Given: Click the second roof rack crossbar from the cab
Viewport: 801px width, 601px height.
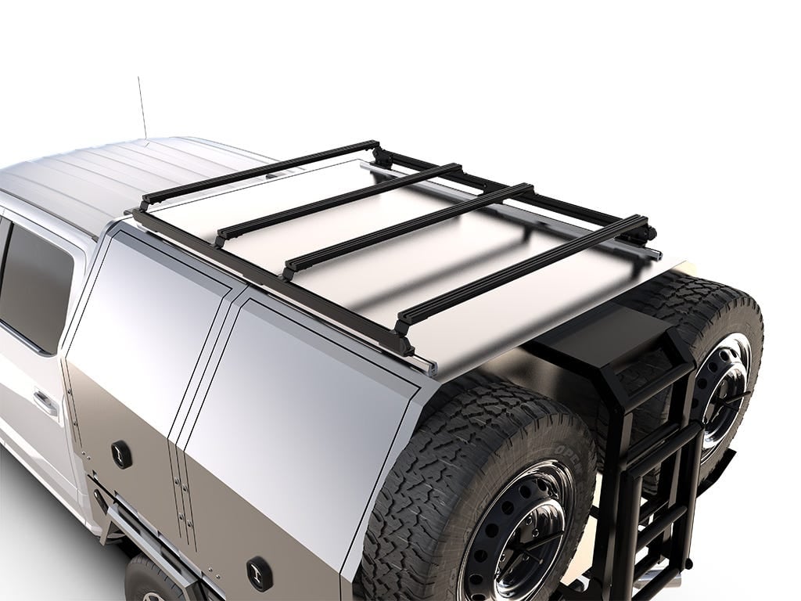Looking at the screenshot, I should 336,199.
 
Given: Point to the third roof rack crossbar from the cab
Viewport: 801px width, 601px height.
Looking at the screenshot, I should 407,227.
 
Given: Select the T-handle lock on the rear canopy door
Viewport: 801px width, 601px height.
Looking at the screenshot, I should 259,574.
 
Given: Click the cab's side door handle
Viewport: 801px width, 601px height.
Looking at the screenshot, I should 45,404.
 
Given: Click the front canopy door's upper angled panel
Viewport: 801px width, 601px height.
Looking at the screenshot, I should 149,305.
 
